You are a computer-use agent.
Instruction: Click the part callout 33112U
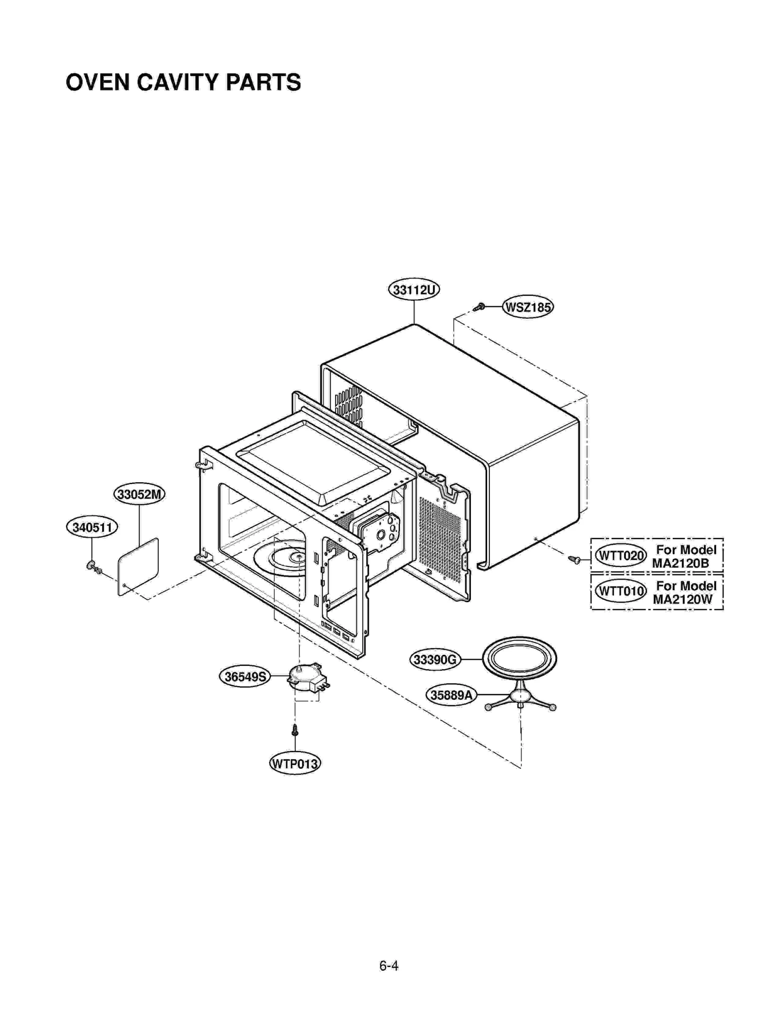pyautogui.click(x=414, y=289)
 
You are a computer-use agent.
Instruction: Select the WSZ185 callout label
pyautogui.click(x=528, y=307)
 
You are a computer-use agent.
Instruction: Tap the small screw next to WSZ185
pyautogui.click(x=480, y=307)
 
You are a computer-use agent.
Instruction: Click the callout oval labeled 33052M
pyautogui.click(x=139, y=494)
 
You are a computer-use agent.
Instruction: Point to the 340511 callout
pyautogui.click(x=92, y=527)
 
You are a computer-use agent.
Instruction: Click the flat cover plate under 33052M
pyautogui.click(x=138, y=566)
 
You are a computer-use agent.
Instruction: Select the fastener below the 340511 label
pyautogui.click(x=93, y=566)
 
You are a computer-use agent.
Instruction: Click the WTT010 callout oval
pyautogui.click(x=620, y=591)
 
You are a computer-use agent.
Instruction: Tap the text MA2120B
pyautogui.click(x=680, y=563)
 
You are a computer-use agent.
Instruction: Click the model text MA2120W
pyautogui.click(x=682, y=599)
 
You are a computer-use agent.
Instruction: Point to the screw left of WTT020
pyautogui.click(x=575, y=560)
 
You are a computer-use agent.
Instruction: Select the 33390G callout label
pyautogui.click(x=434, y=659)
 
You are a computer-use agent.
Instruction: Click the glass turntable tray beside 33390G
pyautogui.click(x=519, y=659)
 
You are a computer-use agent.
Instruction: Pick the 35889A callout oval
pyautogui.click(x=451, y=695)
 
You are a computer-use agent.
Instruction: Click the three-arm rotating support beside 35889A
pyautogui.click(x=520, y=698)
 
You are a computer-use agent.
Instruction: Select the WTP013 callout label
pyautogui.click(x=295, y=763)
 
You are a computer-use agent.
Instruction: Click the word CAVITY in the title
pyautogui.click(x=180, y=83)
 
